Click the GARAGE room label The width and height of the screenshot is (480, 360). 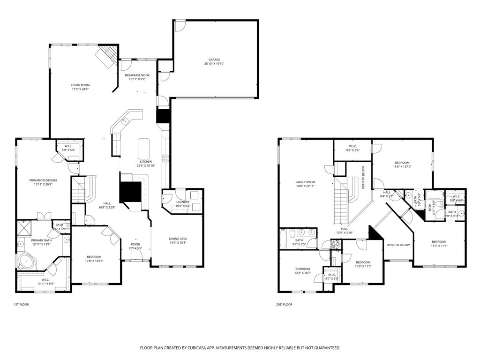[214, 60]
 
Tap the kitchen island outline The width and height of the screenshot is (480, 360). [143, 149]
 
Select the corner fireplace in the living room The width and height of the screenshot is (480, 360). [106, 56]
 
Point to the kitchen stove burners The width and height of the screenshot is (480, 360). [165, 158]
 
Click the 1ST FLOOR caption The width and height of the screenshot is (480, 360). [21, 305]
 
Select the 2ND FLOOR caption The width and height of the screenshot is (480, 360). [284, 305]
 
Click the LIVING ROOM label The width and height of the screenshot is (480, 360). [80, 85]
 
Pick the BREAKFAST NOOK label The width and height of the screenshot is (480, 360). [137, 75]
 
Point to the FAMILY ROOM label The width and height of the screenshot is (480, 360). [305, 182]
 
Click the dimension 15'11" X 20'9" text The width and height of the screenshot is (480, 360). [43, 185]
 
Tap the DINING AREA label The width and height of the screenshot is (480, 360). [178, 239]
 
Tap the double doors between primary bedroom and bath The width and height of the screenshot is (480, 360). [43, 216]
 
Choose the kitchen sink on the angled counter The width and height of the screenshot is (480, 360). [125, 121]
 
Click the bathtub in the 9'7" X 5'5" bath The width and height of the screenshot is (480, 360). [283, 238]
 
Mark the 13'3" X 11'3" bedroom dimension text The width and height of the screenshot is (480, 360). [439, 246]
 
